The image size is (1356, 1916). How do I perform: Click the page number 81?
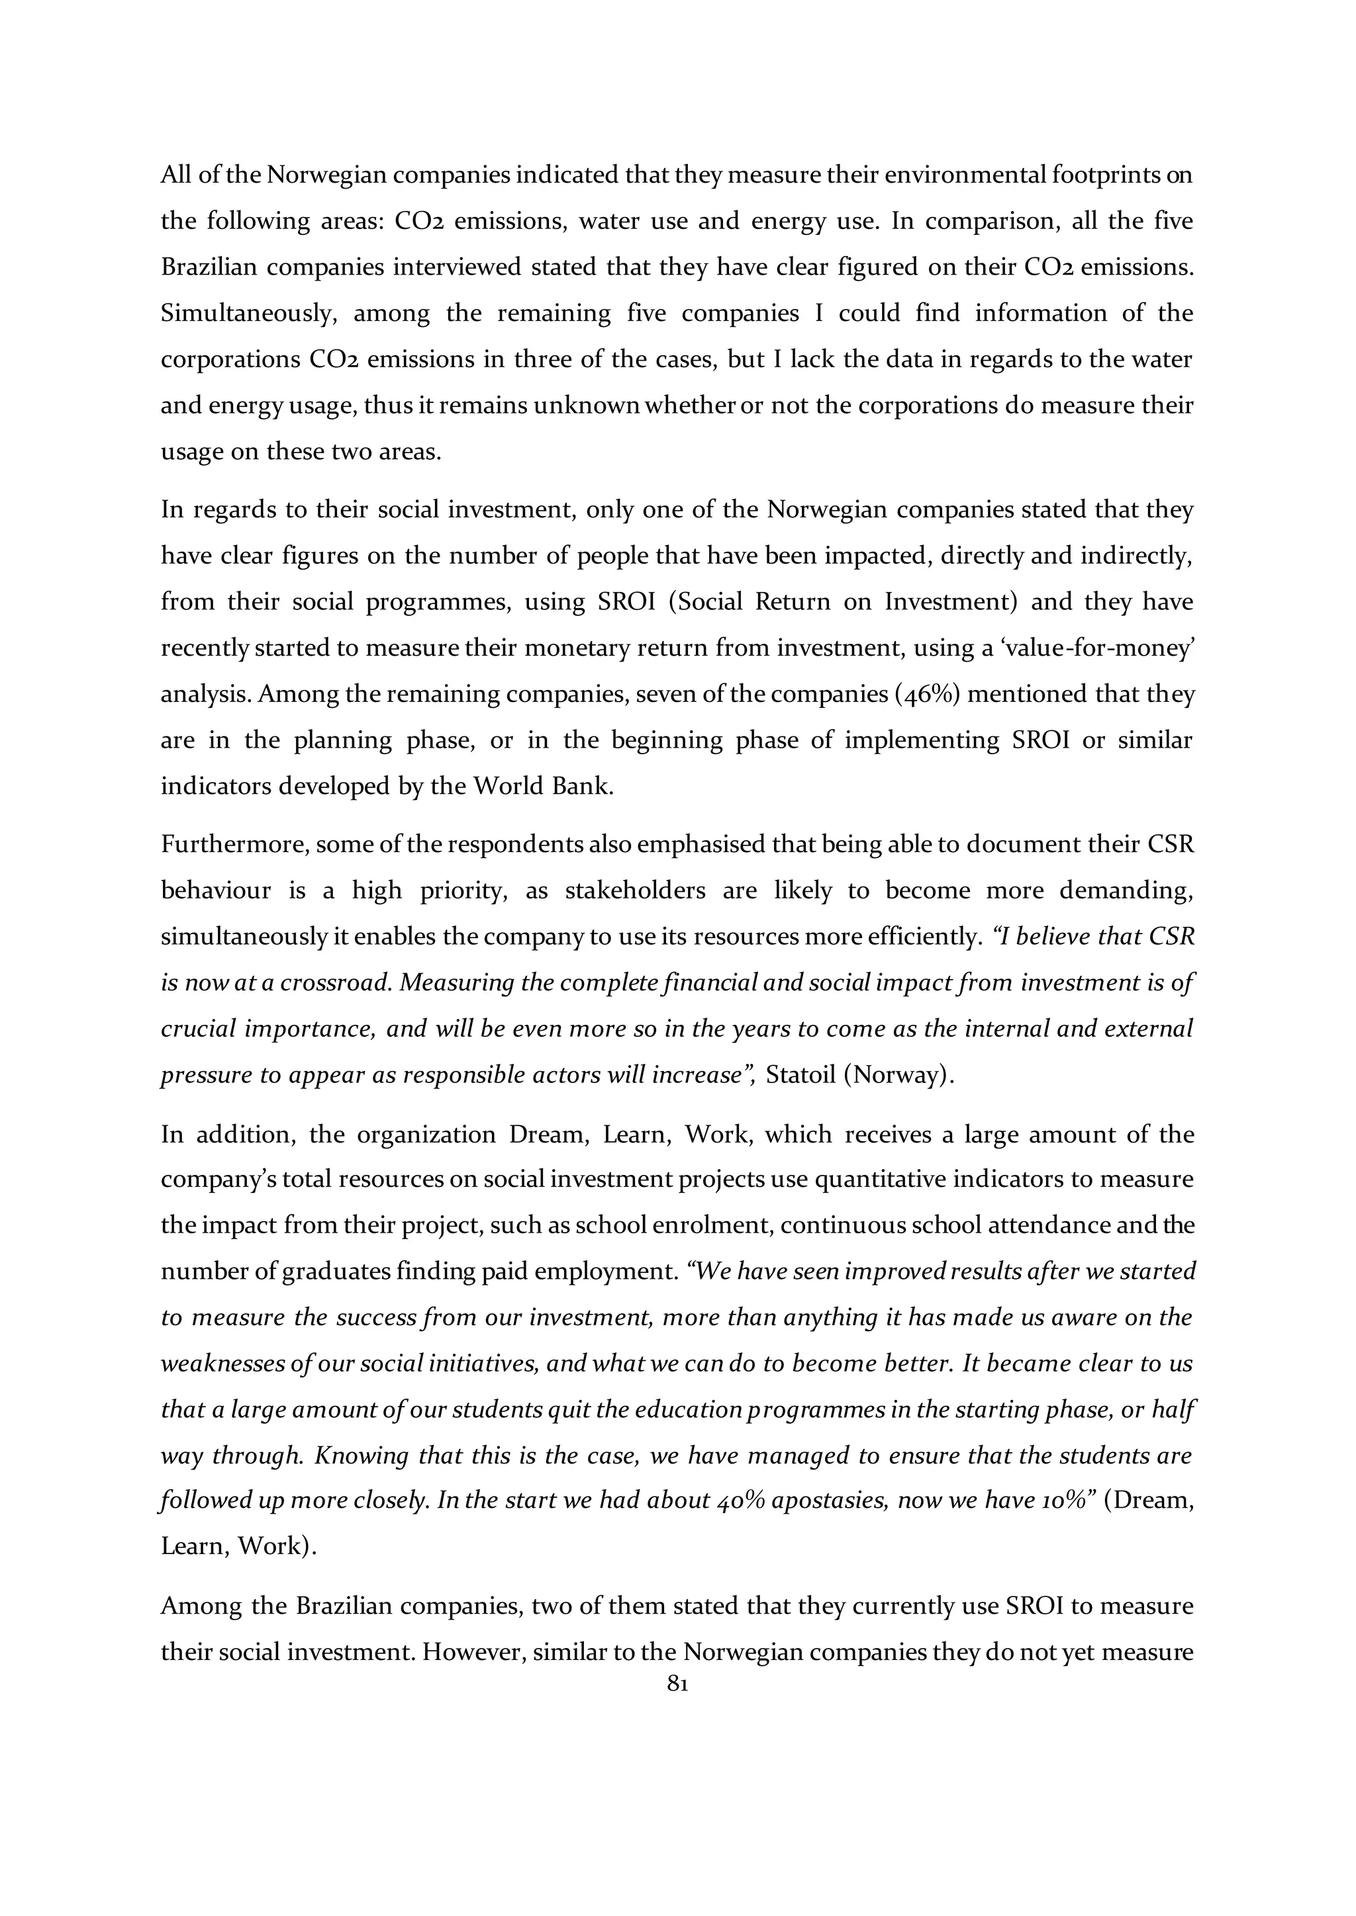pos(677,1685)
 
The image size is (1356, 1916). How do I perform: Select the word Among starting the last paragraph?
pos(199,1606)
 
